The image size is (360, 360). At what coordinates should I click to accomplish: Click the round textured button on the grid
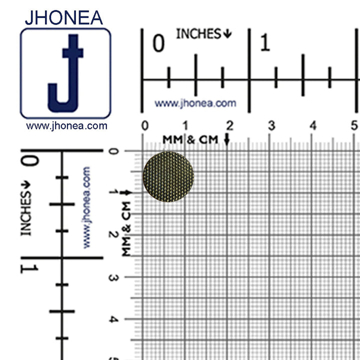[x=168, y=176]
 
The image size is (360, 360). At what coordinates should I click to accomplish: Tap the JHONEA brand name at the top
[x=64, y=17]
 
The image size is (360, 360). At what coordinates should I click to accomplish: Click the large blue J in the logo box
[x=65, y=73]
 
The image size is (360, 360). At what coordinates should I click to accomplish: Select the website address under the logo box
[x=66, y=126]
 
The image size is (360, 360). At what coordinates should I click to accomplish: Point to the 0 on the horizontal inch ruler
[x=158, y=43]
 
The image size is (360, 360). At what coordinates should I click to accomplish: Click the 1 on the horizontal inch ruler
[x=265, y=42]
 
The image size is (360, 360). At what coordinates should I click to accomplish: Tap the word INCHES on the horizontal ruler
[x=198, y=34]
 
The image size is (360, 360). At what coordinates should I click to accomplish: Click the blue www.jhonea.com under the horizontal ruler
[x=195, y=103]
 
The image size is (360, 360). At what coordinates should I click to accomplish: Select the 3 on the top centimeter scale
[x=271, y=125]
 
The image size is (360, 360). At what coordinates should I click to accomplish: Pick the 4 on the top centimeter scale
[x=313, y=125]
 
